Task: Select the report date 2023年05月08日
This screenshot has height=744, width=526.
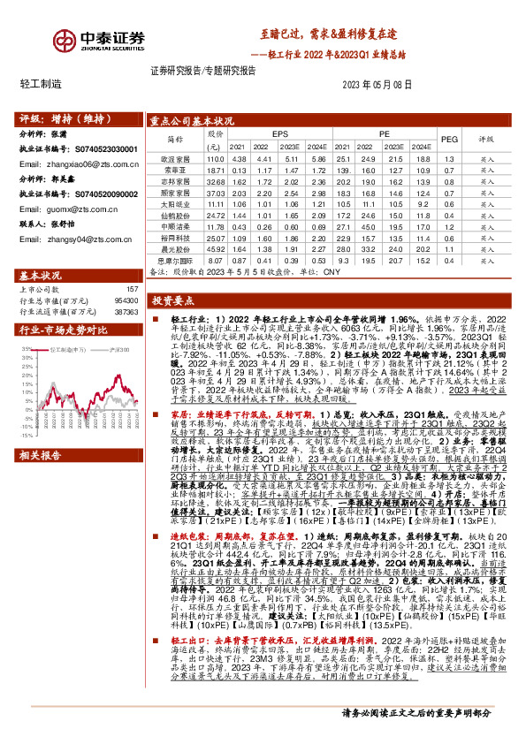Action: pos(377,84)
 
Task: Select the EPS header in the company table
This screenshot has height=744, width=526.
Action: pos(280,133)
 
